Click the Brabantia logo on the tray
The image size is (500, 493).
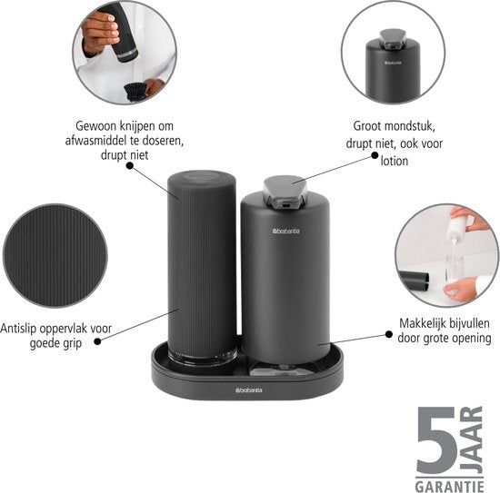249,390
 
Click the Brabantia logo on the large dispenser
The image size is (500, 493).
286,231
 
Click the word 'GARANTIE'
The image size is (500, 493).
449,487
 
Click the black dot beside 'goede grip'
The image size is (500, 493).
98,341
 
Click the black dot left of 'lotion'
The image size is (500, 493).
375,155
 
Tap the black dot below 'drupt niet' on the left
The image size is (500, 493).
129,165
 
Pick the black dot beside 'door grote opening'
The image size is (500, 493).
389,334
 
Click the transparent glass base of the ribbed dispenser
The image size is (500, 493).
203,355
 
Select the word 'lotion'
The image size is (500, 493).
395,161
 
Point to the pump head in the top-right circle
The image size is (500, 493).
392,39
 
